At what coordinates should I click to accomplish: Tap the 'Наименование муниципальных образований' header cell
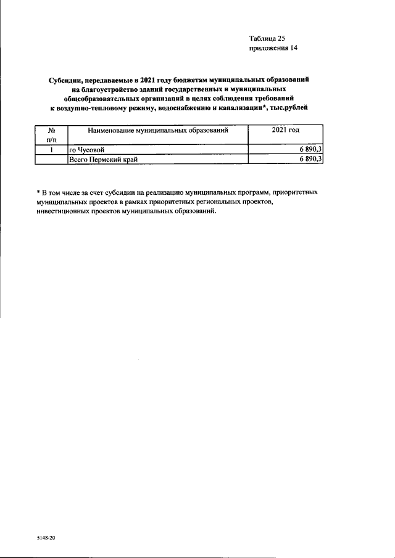pos(157,131)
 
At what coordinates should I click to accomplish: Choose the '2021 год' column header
pos(285,131)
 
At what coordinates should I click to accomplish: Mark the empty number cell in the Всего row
pos(51,159)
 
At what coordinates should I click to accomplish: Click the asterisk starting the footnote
pos(38,192)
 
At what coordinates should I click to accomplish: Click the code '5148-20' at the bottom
pos(46,538)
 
